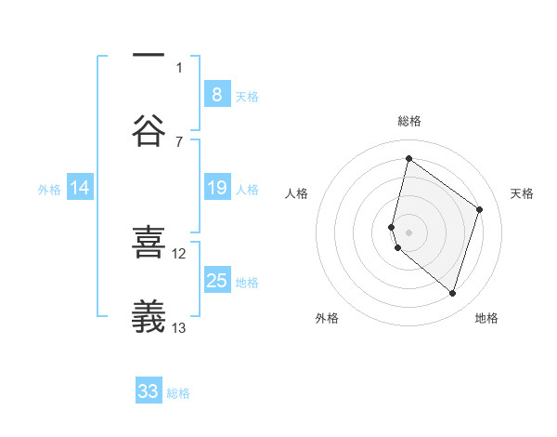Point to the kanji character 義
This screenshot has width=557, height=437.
[x=149, y=317]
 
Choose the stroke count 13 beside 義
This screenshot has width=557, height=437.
[x=179, y=327]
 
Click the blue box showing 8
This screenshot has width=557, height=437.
[x=216, y=94]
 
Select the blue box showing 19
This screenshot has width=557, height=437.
[x=216, y=188]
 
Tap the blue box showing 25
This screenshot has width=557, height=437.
[x=216, y=281]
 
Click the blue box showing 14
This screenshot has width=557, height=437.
[x=80, y=188]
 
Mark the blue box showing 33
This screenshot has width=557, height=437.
[x=149, y=391]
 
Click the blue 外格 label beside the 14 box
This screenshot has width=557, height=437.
[x=49, y=189]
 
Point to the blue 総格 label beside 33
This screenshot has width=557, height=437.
[x=179, y=393]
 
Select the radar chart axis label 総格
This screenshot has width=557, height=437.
[x=409, y=121]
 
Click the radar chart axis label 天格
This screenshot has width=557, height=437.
[x=523, y=193]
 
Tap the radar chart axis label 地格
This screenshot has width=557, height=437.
[x=486, y=318]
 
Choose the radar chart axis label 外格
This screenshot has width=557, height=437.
[x=327, y=318]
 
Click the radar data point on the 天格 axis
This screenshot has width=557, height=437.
[x=480, y=209]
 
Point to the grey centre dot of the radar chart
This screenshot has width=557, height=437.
[x=409, y=232]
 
